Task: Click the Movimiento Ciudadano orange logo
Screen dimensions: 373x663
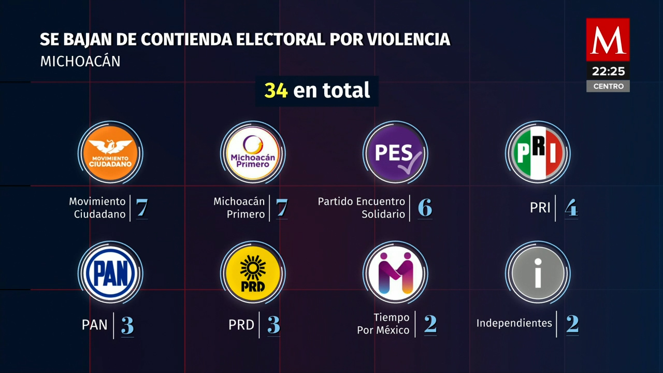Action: tap(110, 153)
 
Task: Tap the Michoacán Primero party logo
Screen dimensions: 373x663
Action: tap(253, 153)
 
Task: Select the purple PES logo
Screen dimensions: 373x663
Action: tap(395, 153)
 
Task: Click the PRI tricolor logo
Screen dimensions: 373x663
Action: tap(538, 153)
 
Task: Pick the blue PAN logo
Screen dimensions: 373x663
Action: tap(110, 273)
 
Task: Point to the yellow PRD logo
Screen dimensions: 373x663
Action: tap(253, 273)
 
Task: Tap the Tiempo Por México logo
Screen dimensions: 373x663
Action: tap(395, 273)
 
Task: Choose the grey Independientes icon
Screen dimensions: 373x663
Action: tap(538, 273)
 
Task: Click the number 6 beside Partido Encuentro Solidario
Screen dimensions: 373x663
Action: tap(425, 208)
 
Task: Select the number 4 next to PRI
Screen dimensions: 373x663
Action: tap(571, 208)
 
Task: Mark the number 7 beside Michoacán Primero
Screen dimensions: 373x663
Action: tap(281, 208)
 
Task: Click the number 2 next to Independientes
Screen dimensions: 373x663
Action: tap(572, 324)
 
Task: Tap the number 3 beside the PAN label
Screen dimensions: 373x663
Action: tap(127, 325)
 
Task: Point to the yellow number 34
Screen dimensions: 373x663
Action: tap(276, 91)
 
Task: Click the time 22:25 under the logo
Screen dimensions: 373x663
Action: tap(608, 71)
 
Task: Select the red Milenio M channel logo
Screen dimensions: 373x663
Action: tap(608, 39)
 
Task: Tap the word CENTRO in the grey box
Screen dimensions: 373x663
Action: tap(608, 87)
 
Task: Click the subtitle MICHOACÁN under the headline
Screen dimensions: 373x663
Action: tap(80, 61)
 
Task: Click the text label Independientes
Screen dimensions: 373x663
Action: tap(514, 323)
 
